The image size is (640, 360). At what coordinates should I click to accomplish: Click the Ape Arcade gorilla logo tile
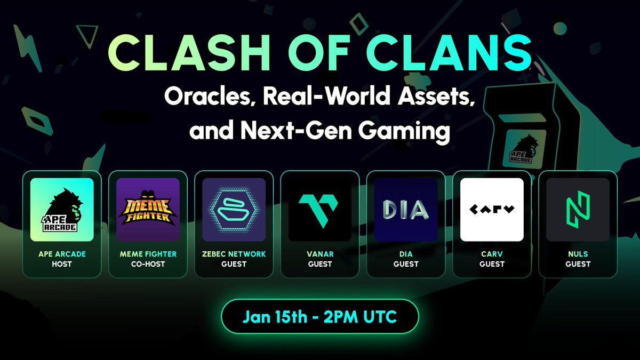[62, 210]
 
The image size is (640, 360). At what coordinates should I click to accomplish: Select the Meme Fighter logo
[148, 210]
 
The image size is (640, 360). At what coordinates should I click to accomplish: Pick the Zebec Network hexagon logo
[234, 210]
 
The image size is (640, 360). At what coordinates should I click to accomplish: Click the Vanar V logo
[320, 210]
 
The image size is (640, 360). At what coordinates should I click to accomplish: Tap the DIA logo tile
[406, 210]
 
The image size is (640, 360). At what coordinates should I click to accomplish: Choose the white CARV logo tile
[492, 210]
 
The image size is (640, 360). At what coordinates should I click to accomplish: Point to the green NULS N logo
[578, 210]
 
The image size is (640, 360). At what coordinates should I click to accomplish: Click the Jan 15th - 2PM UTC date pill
[320, 317]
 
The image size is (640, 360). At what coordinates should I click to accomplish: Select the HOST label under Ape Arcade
[62, 264]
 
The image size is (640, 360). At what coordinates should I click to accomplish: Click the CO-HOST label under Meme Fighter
[148, 264]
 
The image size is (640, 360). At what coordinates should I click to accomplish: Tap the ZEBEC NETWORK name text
[234, 254]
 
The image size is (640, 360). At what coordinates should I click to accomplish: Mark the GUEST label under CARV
[492, 264]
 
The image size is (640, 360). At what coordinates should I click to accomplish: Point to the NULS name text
[578, 254]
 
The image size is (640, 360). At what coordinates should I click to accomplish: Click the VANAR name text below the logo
[320, 254]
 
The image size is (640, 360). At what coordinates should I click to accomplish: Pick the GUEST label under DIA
[406, 264]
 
